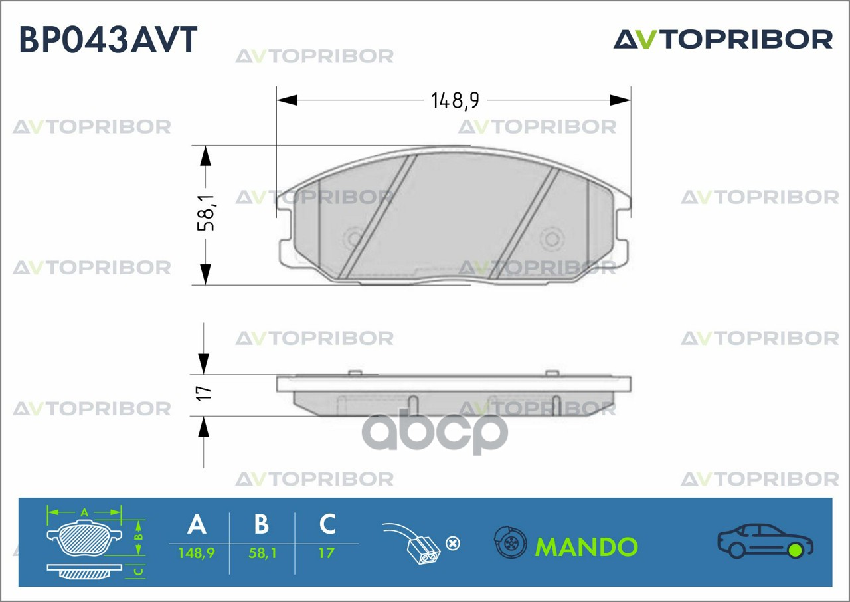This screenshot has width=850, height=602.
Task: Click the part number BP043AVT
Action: tap(108, 39)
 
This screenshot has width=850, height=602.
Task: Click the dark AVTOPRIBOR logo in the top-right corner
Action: tap(723, 39)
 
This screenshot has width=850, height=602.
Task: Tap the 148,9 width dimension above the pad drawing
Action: tap(455, 100)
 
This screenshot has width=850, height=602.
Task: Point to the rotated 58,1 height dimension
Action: tap(206, 213)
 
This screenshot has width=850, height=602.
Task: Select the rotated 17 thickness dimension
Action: tap(204, 393)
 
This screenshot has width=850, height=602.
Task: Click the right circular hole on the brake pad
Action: tap(552, 239)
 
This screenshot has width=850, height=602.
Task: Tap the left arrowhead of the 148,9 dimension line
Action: tap(287, 100)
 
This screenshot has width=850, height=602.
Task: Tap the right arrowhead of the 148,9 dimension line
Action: tap(620, 100)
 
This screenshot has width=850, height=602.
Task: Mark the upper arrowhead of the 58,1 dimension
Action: tap(205, 155)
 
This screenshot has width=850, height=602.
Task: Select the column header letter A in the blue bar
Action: tap(197, 524)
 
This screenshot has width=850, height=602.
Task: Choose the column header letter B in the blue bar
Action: tap(262, 524)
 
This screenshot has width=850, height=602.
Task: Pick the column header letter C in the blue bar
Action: tap(327, 524)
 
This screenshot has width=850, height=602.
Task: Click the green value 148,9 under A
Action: tap(197, 553)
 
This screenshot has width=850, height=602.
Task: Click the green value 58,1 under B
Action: tap(262, 553)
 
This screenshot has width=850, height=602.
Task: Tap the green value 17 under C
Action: tap(326, 553)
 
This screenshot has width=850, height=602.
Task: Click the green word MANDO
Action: tap(586, 547)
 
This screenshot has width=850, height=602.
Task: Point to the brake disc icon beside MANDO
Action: tap(511, 542)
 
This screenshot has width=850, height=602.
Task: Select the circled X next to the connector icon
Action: tap(453, 544)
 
